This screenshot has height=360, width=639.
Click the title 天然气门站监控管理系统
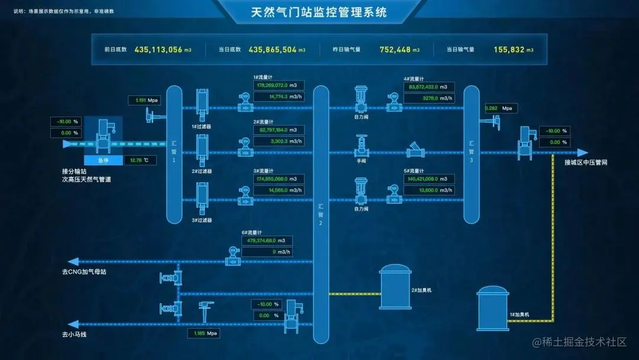[319, 12]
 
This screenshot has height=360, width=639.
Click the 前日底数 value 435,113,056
[159, 50]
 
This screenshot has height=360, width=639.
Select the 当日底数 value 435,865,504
[273, 50]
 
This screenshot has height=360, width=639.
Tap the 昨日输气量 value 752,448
[396, 50]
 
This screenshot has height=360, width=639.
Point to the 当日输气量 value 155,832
[509, 50]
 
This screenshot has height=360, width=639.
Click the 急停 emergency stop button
[103, 160]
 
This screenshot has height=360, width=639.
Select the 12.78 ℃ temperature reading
[141, 160]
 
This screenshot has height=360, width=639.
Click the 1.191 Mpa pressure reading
[145, 100]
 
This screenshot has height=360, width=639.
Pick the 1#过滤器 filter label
[202, 126]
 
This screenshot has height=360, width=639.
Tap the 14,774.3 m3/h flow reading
[279, 97]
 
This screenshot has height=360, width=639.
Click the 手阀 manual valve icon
[362, 144]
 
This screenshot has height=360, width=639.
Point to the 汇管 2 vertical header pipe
[321, 214]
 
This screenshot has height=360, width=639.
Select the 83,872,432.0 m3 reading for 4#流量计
[430, 87]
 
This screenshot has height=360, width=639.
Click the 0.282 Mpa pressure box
[500, 108]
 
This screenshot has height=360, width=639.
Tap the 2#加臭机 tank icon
[395, 287]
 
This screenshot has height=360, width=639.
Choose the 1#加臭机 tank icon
[493, 308]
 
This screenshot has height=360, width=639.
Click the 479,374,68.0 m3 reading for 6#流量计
[267, 241]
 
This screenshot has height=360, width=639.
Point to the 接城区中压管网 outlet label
[586, 162]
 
